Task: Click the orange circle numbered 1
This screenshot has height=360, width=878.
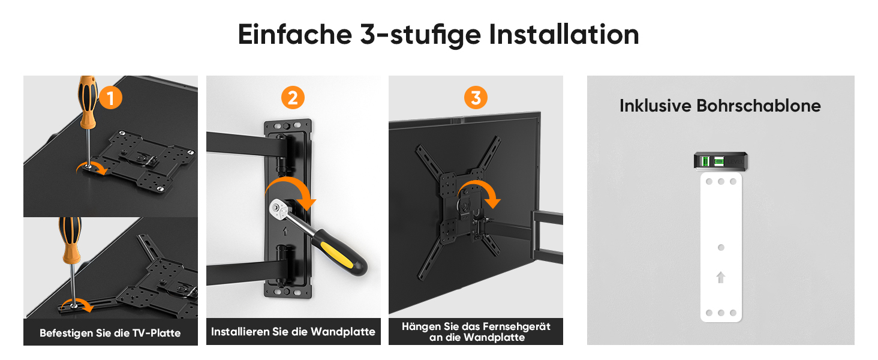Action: pos(110,98)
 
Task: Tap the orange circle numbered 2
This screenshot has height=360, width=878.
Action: pos(293,98)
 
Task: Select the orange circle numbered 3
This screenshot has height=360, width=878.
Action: pos(476,98)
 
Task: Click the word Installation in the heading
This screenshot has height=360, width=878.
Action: pos(564,35)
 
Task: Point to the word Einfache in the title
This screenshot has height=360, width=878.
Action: pos(294,35)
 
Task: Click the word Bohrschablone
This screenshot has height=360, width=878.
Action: pos(759,106)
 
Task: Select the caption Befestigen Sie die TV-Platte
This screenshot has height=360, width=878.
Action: pos(110,333)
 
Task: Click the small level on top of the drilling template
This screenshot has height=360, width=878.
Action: pos(720,161)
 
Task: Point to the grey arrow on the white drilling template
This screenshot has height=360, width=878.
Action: pos(720,278)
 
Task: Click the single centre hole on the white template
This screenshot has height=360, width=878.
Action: pos(721,247)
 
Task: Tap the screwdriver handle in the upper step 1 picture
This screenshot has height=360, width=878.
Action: pos(88,101)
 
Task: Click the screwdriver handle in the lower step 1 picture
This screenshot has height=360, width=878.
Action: pos(71,239)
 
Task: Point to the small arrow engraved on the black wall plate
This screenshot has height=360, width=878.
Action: pos(285,232)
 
